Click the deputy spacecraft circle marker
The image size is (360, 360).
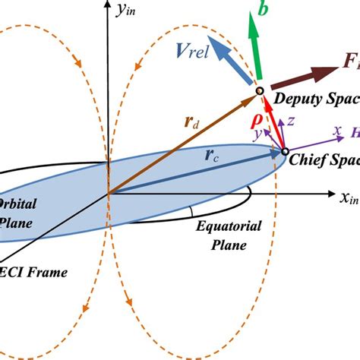click(258, 92)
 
